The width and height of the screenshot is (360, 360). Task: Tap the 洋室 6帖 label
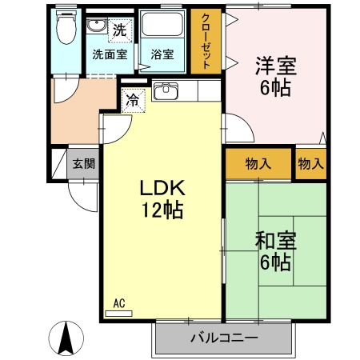pos(274,74)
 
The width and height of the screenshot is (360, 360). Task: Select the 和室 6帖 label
pos(274,250)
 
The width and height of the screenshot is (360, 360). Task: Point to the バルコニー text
pos(224,338)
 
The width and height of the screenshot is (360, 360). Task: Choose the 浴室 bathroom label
pos(162,55)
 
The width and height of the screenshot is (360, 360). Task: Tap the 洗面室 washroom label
pos(109,55)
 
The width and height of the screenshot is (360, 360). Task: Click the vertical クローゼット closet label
pos(206,42)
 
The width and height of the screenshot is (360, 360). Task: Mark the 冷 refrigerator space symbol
pos(132,102)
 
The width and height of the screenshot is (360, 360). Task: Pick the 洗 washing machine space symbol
pos(118,31)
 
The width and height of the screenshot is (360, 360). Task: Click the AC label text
pos(119,302)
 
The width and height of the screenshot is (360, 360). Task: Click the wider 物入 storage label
pos(258,164)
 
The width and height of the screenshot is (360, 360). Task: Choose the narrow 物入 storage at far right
pos(311,164)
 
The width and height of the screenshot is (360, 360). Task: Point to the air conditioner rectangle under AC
pos(119,313)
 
